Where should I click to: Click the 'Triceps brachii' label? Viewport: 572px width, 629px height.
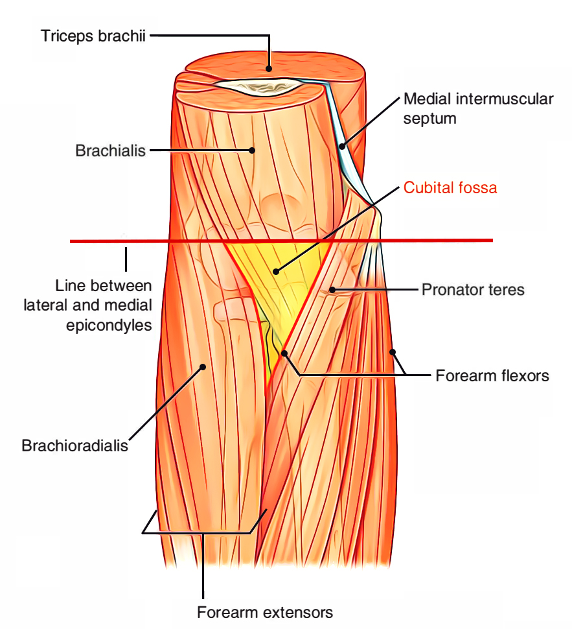tap(94, 35)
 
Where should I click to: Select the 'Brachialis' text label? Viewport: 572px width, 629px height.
tap(110, 151)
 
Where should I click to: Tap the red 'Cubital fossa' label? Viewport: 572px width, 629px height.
tap(450, 188)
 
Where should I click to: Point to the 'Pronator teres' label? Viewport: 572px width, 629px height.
tap(473, 289)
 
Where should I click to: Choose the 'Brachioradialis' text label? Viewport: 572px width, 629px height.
tap(74, 445)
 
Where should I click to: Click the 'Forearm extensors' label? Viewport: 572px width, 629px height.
tap(265, 611)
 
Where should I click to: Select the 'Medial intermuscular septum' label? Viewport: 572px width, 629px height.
tap(479, 109)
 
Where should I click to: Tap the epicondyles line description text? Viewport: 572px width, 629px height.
tap(104, 305)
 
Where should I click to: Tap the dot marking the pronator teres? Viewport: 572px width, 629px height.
tap(331, 289)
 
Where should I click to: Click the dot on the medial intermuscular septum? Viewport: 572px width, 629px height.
tap(341, 147)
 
